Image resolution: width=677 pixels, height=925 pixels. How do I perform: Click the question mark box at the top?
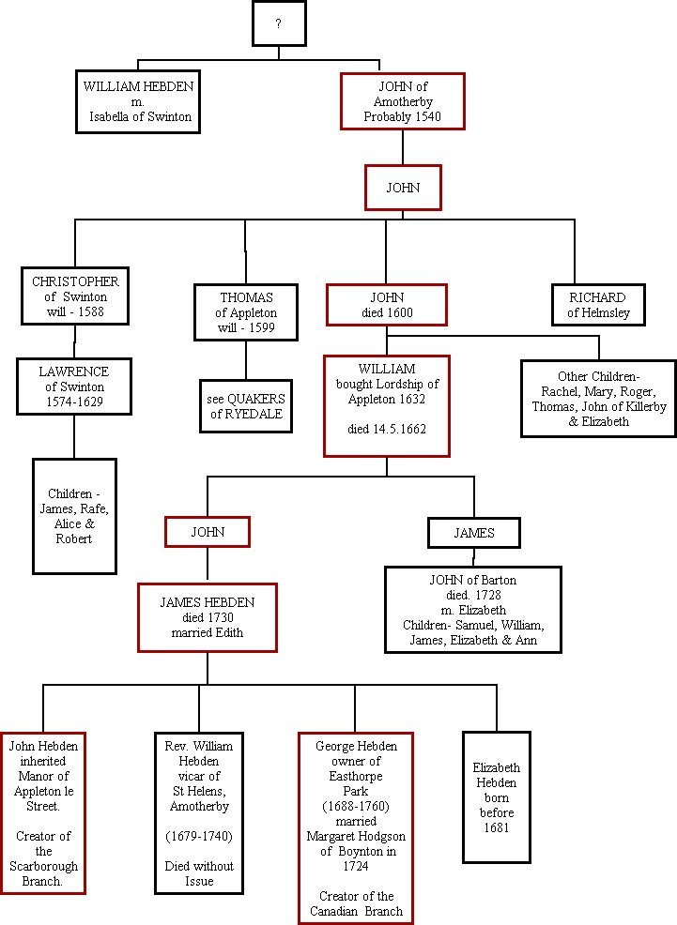click(x=279, y=24)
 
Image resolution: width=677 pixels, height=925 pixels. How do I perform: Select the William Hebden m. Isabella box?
click(x=139, y=101)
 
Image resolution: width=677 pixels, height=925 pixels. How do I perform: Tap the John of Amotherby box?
click(x=403, y=101)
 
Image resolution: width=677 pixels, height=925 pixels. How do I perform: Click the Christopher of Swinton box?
click(x=76, y=296)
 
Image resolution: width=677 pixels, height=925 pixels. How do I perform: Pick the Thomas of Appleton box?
click(x=246, y=312)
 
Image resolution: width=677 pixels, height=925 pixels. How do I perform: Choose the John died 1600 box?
click(x=386, y=305)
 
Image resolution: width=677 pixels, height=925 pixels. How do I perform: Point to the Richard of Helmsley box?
click(x=598, y=305)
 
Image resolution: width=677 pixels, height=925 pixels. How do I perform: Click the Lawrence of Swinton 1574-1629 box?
click(x=73, y=387)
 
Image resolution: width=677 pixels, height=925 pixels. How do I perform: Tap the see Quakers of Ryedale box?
click(x=246, y=405)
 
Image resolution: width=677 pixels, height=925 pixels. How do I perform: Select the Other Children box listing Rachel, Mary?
click(x=598, y=399)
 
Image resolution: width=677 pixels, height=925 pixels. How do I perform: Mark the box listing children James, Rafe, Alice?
click(x=74, y=516)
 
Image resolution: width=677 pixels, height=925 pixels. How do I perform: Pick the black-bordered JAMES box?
click(x=474, y=533)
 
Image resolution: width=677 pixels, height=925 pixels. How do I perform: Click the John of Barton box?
click(x=473, y=609)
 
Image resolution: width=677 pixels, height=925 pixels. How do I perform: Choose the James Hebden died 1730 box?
click(x=208, y=616)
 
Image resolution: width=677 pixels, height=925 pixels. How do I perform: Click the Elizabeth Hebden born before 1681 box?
click(x=496, y=797)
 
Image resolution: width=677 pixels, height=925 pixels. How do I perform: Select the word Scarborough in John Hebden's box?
click(x=43, y=866)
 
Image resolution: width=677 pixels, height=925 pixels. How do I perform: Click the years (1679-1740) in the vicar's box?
click(x=199, y=836)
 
